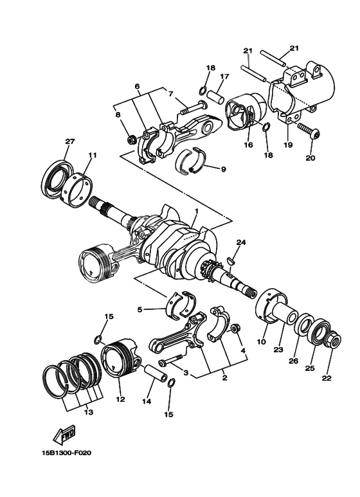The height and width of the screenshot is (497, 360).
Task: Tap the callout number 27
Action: click(69, 141)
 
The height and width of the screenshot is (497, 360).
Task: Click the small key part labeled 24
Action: click(231, 261)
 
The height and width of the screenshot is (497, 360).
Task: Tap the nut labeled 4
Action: click(235, 329)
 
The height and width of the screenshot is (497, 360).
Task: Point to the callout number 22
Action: click(327, 377)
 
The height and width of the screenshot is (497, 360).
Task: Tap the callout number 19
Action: click(288, 145)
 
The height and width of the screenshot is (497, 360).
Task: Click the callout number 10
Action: click(262, 342)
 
